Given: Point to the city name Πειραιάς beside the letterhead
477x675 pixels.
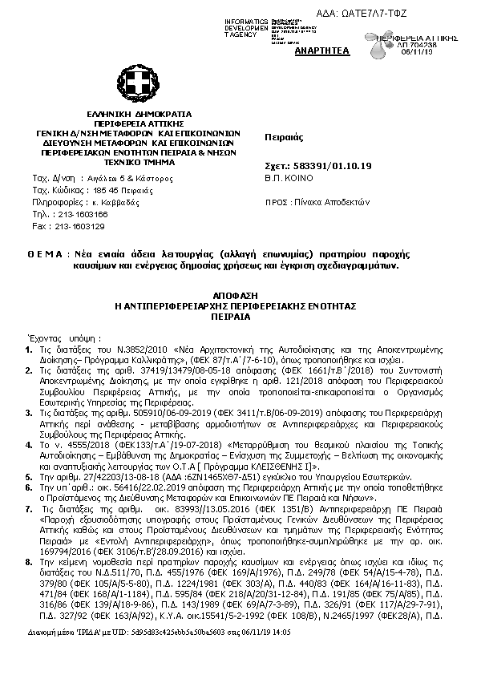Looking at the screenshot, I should [282, 138].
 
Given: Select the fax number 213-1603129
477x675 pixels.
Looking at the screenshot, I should [79, 226].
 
